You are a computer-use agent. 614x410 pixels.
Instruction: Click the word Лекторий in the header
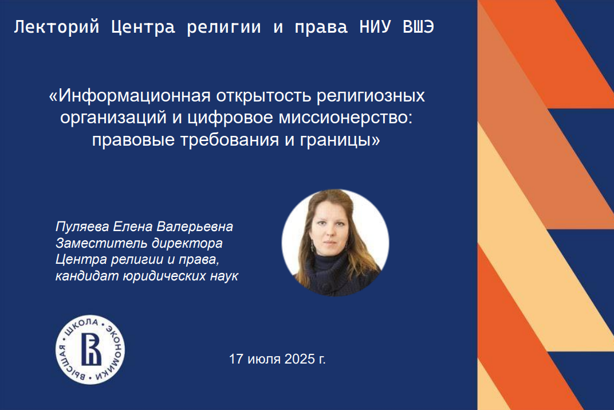tap(56, 28)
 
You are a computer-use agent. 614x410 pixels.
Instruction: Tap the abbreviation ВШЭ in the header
tap(418, 27)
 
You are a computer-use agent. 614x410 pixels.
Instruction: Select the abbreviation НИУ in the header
tap(375, 27)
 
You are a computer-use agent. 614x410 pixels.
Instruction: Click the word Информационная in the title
tap(134, 96)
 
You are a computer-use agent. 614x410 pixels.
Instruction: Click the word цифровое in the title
tap(230, 118)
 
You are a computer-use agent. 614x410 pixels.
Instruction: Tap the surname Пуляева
tap(82, 227)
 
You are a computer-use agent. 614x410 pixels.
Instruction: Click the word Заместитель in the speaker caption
tap(102, 243)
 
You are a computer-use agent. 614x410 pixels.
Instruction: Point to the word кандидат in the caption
tap(87, 276)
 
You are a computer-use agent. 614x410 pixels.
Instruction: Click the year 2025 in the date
tap(300, 359)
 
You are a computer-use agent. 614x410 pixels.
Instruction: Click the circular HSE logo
tap(90, 349)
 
